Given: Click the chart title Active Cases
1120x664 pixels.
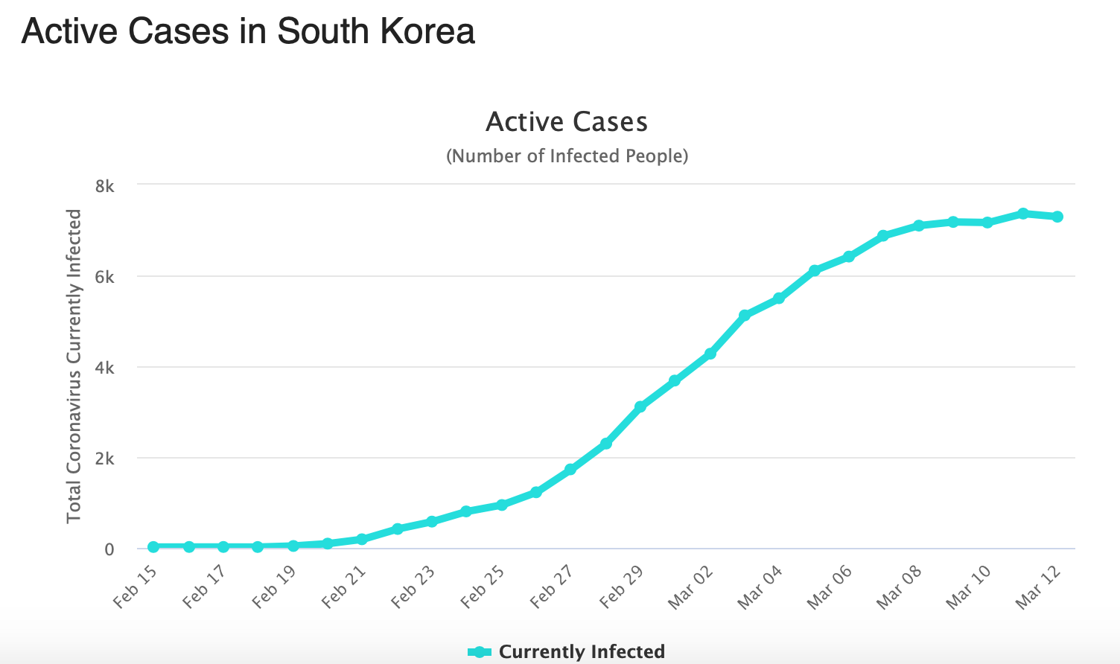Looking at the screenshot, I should tap(567, 122).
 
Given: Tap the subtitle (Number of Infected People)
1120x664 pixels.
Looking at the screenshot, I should tap(567, 156).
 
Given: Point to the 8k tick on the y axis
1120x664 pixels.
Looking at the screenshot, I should tap(104, 186).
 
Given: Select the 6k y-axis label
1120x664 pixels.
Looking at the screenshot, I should tap(104, 277).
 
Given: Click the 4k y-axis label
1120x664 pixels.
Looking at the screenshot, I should tap(104, 368).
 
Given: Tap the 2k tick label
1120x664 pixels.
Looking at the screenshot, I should tap(104, 459).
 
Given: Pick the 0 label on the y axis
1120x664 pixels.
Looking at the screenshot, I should tap(109, 549).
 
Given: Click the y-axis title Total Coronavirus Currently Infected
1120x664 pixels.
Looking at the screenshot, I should tap(74, 365).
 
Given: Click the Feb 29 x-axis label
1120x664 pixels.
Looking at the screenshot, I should tap(622, 587).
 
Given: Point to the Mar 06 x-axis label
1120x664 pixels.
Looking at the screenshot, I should tap(830, 587).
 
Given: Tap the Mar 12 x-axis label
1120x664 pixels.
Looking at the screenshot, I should tap(1038, 587).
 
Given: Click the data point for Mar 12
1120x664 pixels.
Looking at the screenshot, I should tap(1057, 217).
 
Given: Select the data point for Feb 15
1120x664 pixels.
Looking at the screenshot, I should tap(153, 546).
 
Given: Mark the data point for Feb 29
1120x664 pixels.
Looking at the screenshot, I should tap(640, 406).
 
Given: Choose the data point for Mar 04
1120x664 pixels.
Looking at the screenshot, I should tap(779, 299).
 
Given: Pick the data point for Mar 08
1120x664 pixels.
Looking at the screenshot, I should tap(918, 226).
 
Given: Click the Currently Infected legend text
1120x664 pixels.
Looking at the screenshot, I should tap(582, 652).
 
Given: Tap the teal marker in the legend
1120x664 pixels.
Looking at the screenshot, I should tap(480, 652).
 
